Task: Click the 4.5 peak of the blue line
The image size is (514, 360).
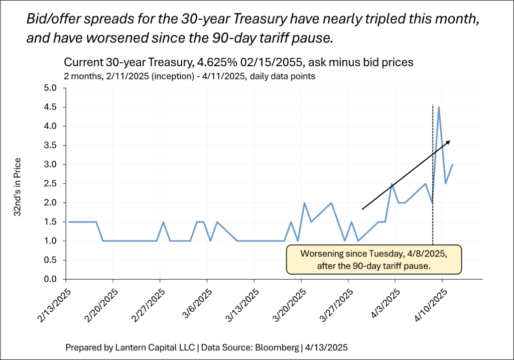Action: pyautogui.click(x=439, y=107)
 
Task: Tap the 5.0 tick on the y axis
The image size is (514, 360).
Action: pyautogui.click(x=53, y=88)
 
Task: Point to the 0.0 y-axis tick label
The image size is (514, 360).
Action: pyautogui.click(x=53, y=279)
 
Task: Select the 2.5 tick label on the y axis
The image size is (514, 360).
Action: pyautogui.click(x=53, y=184)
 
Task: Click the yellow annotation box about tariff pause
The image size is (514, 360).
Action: pyautogui.click(x=373, y=260)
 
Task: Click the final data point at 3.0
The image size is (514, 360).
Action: pyautogui.click(x=452, y=164)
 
